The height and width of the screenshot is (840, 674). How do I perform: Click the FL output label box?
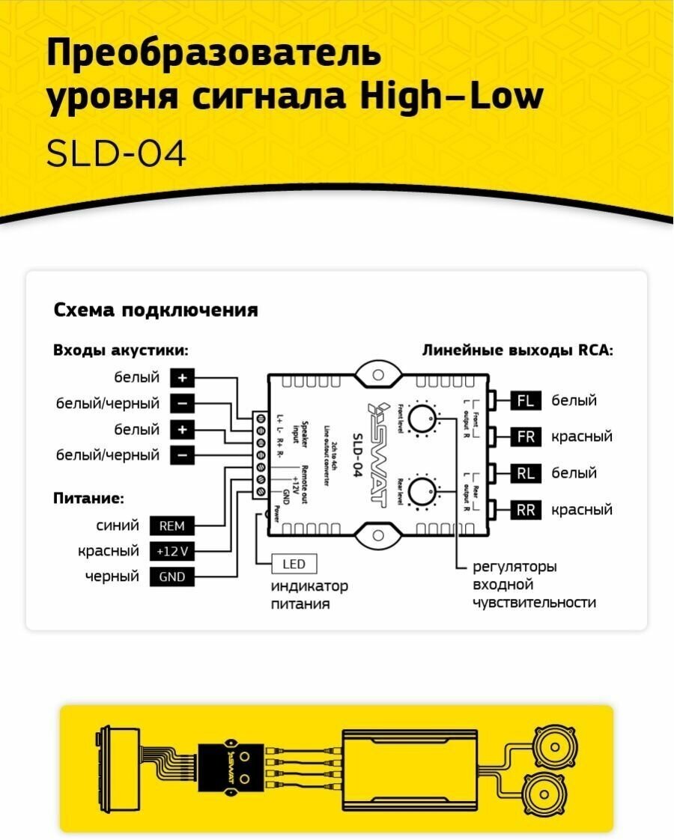[526, 401]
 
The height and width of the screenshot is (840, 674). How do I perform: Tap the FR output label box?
[526, 436]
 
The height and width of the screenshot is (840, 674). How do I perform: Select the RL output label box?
[526, 473]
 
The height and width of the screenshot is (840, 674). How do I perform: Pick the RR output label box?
[526, 511]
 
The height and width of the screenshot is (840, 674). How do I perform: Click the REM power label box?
[171, 526]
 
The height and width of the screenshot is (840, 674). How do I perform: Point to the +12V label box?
[171, 552]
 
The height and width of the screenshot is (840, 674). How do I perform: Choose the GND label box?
[171, 577]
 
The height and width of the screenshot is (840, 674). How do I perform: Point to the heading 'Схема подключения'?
[156, 310]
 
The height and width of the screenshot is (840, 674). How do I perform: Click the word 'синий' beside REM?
[118, 526]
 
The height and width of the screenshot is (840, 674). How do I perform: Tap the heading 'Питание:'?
[88, 498]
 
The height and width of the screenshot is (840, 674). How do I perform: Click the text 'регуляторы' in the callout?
[514, 567]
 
